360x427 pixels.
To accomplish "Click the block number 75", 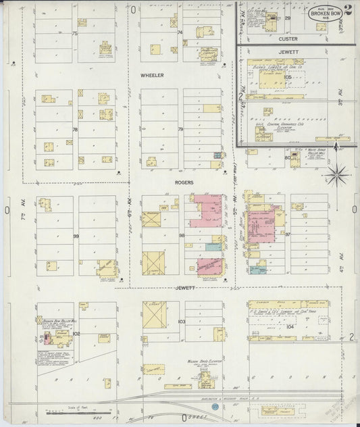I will [x=75, y=33].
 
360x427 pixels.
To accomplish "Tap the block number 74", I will [x=180, y=32].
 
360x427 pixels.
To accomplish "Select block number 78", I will [x=75, y=129].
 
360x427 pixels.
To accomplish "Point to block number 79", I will [x=180, y=129].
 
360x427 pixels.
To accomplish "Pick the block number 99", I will [x=76, y=236].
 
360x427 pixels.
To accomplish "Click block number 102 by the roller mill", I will [x=76, y=333].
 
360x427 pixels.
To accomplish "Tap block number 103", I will [x=181, y=322].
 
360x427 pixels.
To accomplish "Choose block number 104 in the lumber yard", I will [x=290, y=326].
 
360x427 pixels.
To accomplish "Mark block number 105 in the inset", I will [x=288, y=77].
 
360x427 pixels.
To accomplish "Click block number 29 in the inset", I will [x=287, y=18].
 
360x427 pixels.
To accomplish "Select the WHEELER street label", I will [x=153, y=76].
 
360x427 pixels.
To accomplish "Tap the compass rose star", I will [x=336, y=176].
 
